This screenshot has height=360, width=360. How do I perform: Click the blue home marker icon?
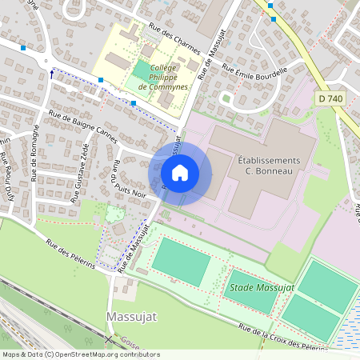pos(180,173)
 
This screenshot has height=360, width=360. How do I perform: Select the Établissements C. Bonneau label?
pos(270,166)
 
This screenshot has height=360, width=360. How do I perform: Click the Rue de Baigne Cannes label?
pos(82,128)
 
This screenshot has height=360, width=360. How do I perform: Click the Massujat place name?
pos(132,318)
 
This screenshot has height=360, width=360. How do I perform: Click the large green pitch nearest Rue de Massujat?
pos(181,261)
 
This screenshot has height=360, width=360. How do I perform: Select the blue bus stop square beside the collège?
pos(134,103)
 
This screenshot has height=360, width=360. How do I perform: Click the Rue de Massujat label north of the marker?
pos(207,58)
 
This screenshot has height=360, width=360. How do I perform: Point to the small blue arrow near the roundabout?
pos(53,74)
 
